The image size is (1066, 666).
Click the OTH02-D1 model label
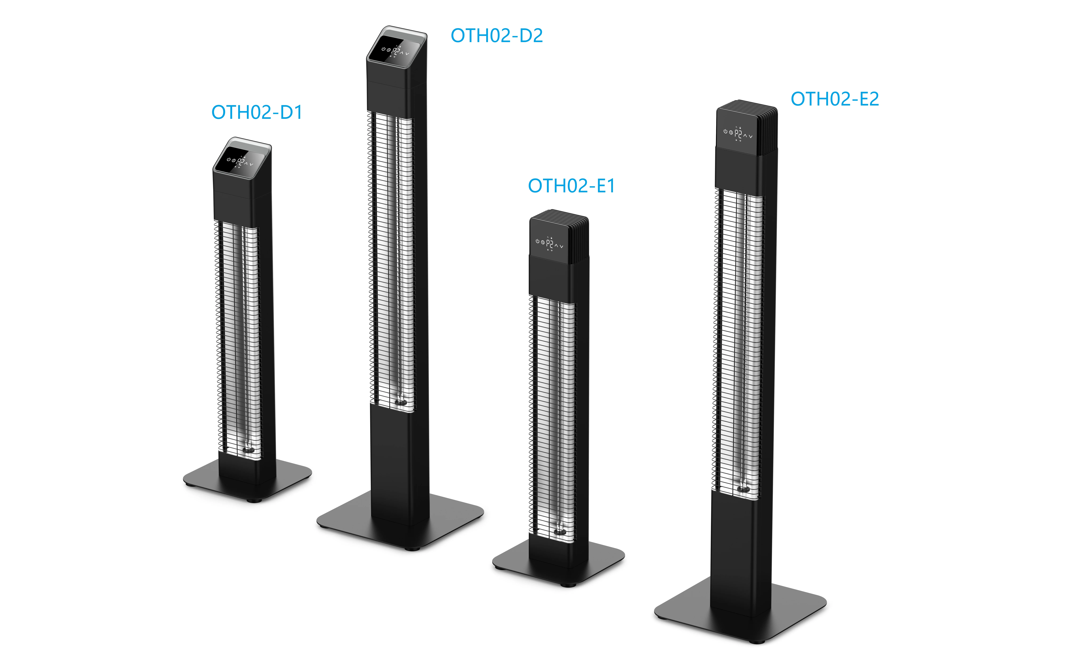tap(257, 112)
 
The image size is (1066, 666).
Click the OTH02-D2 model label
tap(496, 36)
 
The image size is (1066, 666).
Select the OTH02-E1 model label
tap(571, 186)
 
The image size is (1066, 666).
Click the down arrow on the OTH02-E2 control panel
tap(751, 137)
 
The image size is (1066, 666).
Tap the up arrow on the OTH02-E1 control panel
tap(556, 245)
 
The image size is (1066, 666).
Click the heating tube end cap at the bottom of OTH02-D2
tap(400, 403)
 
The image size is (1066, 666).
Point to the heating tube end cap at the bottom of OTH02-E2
tap(744, 489)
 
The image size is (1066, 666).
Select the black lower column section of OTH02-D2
tap(399, 467)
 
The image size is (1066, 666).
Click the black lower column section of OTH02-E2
tap(740, 555)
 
